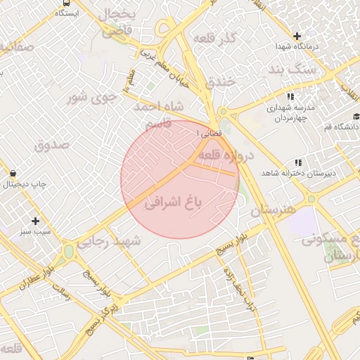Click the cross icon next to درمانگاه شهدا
pyautogui.click(x=297, y=36)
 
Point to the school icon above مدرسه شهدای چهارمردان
pyautogui.click(x=290, y=96)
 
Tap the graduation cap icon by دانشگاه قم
pyautogui.click(x=356, y=116)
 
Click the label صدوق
pyautogui.click(x=52, y=144)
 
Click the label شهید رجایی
pyautogui.click(x=108, y=241)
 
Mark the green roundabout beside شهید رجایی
pyautogui.click(x=68, y=251)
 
